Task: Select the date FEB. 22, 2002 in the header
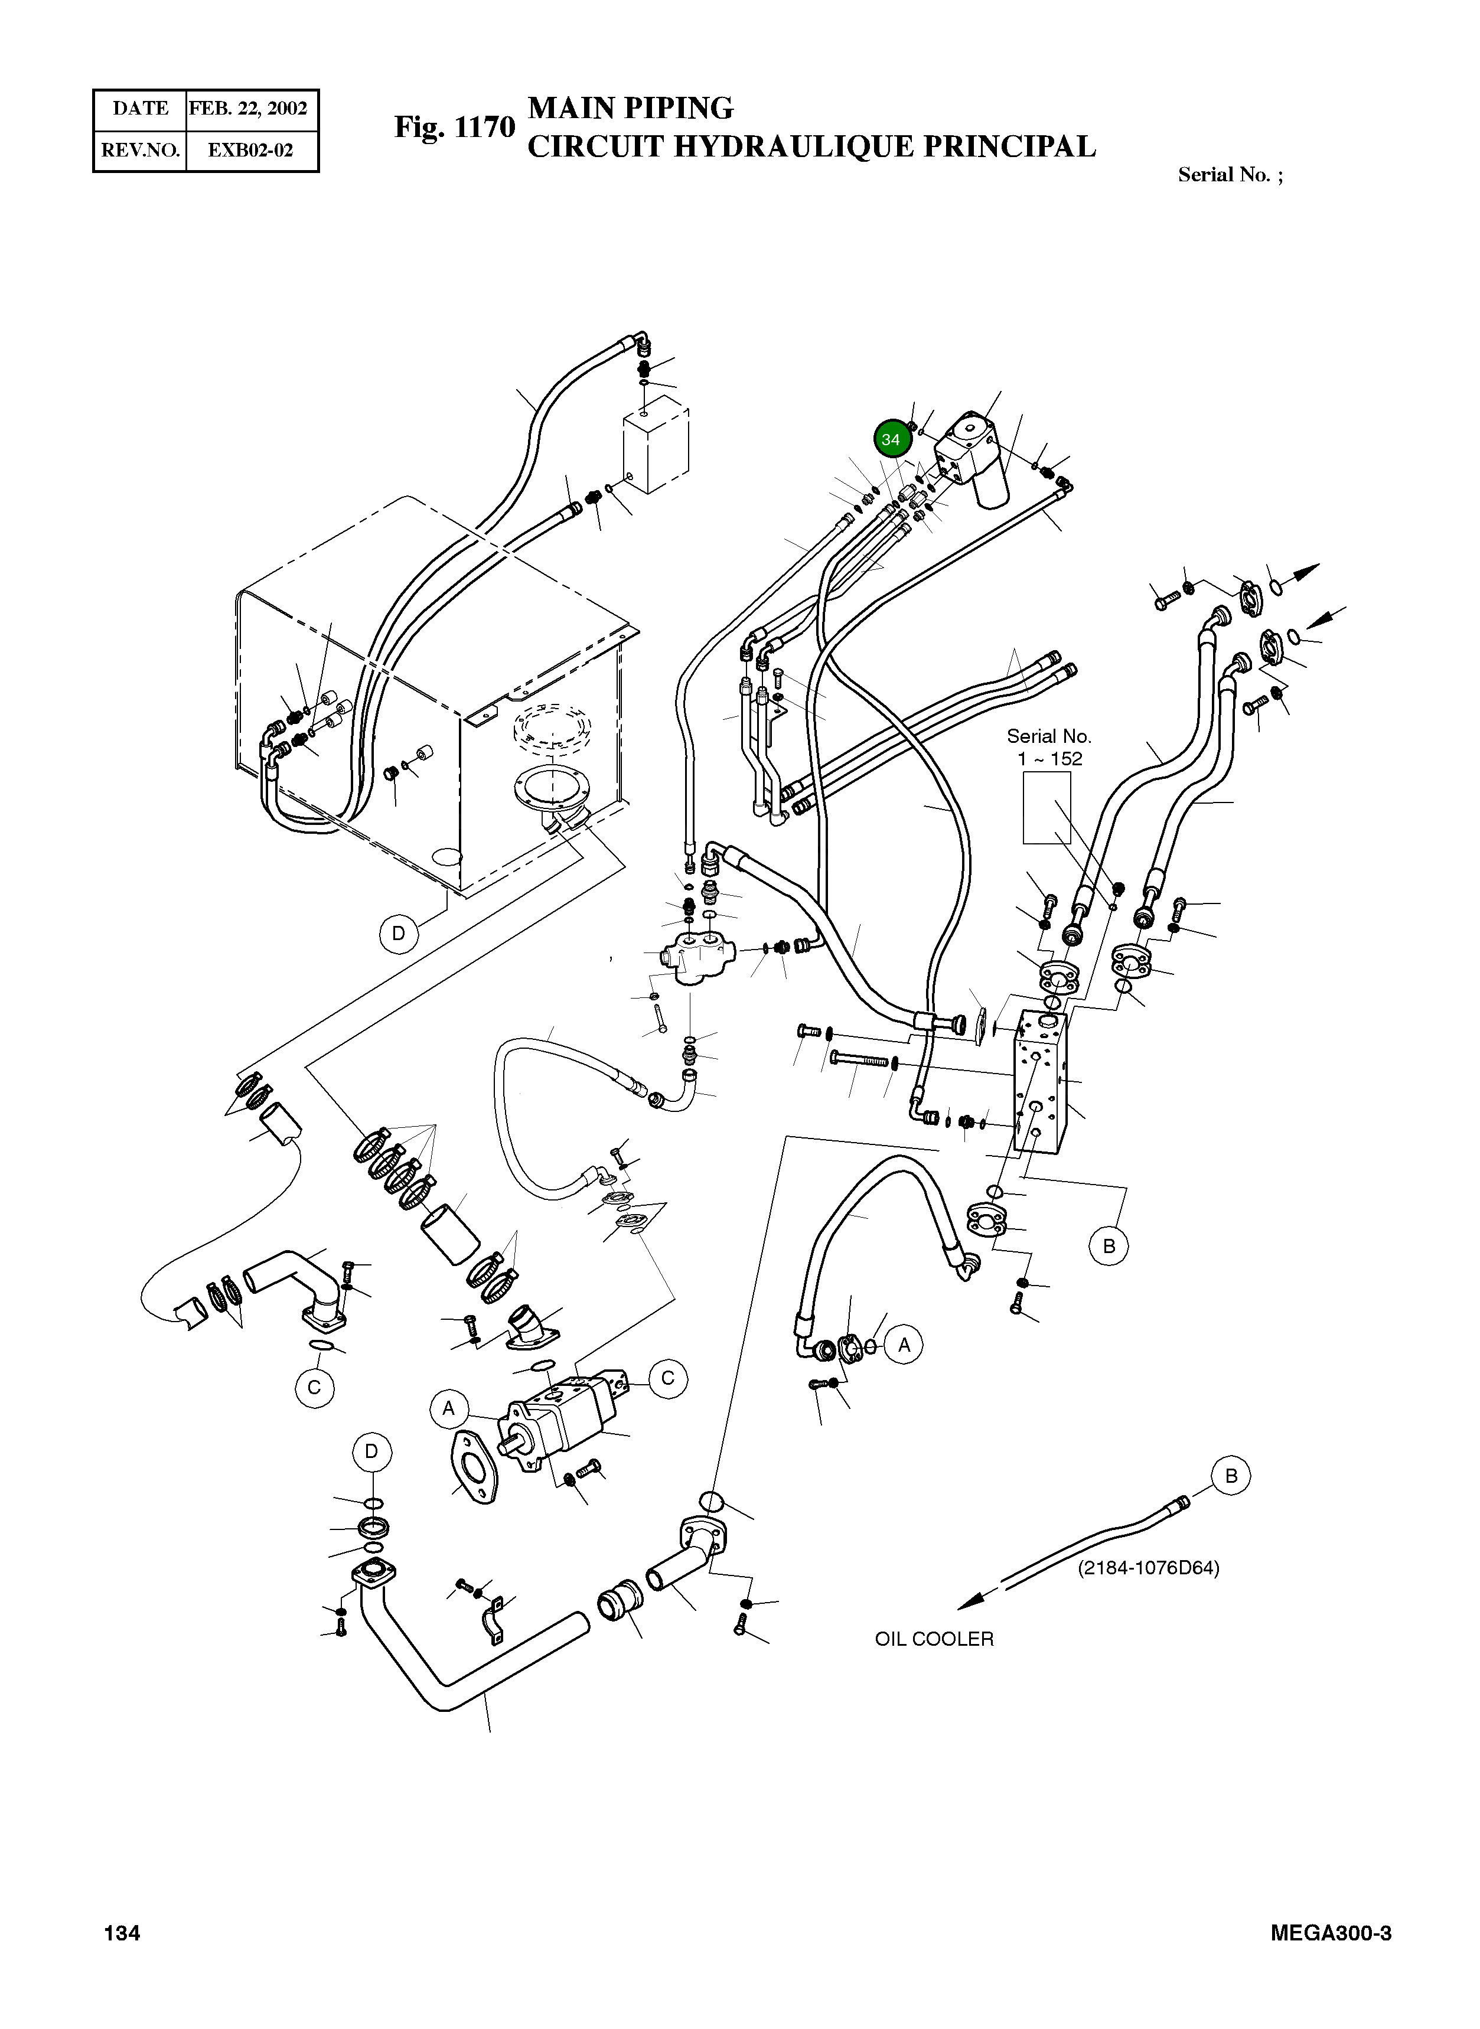point(248,109)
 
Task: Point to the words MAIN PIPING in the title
point(631,109)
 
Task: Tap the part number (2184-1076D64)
point(1149,1568)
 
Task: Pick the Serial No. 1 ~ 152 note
point(1049,747)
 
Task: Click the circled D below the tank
point(399,934)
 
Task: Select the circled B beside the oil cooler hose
point(1231,1475)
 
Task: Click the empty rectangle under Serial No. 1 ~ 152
point(1047,808)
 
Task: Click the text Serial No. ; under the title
point(1229,175)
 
